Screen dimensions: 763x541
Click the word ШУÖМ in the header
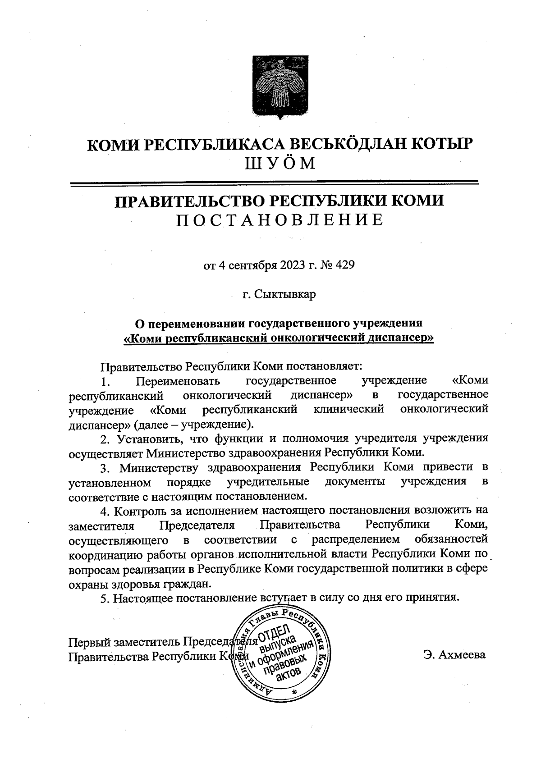click(x=279, y=163)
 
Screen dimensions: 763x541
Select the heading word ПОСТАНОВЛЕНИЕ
click(x=279, y=219)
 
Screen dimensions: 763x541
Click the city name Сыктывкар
click(x=285, y=294)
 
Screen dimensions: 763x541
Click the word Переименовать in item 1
click(x=178, y=381)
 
